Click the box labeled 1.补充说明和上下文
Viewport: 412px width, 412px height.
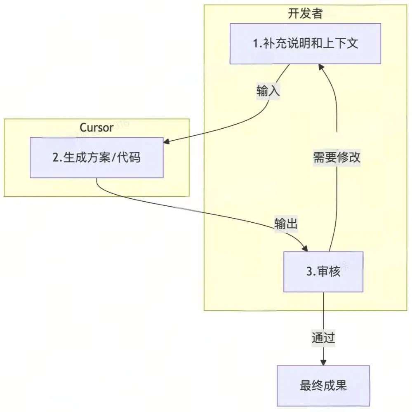[305, 44]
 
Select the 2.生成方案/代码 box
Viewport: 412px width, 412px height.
[97, 158]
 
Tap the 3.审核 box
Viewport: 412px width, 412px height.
[323, 272]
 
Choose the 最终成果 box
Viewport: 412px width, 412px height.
[323, 386]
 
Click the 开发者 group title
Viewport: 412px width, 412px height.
[305, 13]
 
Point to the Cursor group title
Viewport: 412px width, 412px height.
[97, 127]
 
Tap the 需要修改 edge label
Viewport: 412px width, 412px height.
[337, 158]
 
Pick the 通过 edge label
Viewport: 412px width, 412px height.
[323, 338]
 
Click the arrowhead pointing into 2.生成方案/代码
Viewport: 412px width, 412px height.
[166, 142]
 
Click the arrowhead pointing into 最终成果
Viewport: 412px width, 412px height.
[323, 362]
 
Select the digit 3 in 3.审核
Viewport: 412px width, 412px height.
[309, 272]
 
